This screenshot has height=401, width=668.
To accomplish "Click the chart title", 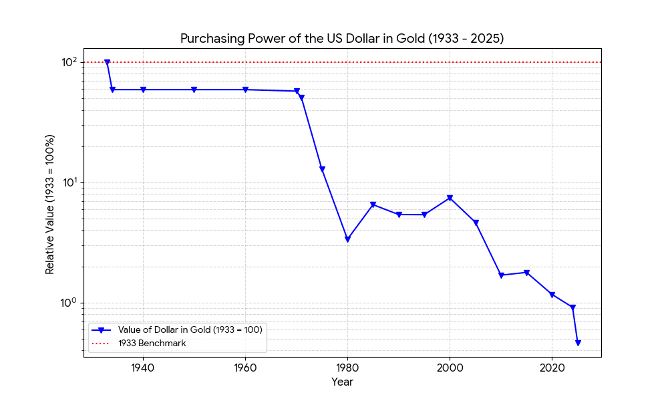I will click(342, 39).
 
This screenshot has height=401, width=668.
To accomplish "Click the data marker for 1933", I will click(107, 63).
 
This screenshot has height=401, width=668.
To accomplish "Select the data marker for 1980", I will click(347, 239).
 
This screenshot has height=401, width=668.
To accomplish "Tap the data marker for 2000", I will click(450, 198).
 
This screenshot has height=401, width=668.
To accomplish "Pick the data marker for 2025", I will click(578, 343).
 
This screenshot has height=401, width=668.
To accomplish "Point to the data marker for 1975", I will click(322, 170).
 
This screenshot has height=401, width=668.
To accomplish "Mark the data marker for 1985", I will click(373, 205).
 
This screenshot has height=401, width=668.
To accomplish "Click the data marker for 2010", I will click(501, 275).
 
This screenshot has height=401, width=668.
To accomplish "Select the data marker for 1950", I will click(194, 90).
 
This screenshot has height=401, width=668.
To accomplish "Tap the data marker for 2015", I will click(526, 273).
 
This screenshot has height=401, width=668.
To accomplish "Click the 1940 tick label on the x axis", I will click(143, 368).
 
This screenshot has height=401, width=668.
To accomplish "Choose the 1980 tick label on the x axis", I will click(347, 368).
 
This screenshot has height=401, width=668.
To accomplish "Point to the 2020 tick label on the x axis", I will click(552, 368).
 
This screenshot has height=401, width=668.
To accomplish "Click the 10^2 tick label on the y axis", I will click(69, 62).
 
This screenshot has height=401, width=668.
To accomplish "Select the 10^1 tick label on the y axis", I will click(69, 182).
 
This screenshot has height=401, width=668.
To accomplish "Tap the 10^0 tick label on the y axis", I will click(69, 303).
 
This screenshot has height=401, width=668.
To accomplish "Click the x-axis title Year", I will click(342, 382).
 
